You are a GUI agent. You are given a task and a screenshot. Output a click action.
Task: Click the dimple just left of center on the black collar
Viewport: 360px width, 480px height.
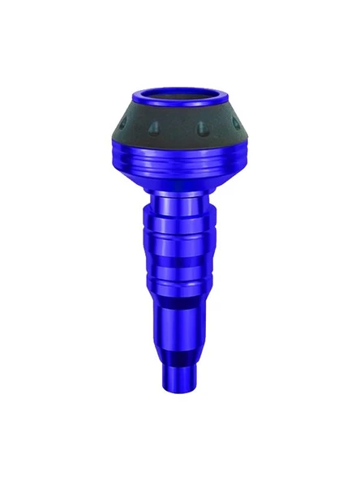[154, 129]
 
